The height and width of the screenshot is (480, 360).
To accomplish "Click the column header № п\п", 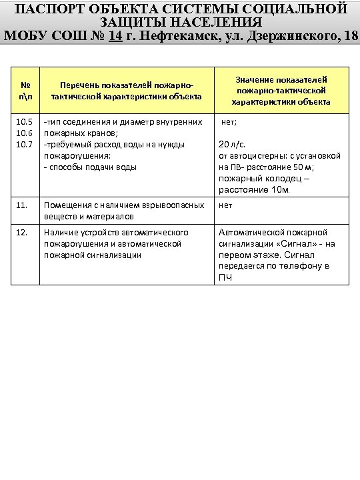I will point(25,91).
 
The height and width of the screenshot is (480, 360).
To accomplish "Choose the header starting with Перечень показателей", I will point(122,91).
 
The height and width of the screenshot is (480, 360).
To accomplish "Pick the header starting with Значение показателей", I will point(281,91).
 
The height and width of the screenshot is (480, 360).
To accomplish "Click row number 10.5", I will point(25,122).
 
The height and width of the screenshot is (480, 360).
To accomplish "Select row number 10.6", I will point(25,133).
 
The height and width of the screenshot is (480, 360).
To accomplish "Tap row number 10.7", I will point(25,144).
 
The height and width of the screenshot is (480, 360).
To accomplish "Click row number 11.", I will point(22,205).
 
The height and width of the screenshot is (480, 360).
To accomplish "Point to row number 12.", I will point(22,232).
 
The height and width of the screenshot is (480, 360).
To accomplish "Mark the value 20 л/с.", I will point(234,144).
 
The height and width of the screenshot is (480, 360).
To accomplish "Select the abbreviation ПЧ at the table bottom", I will point(226,277).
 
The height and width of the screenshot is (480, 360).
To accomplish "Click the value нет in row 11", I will point(225,205).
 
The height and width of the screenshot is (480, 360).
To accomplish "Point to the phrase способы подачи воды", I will point(90,167).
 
